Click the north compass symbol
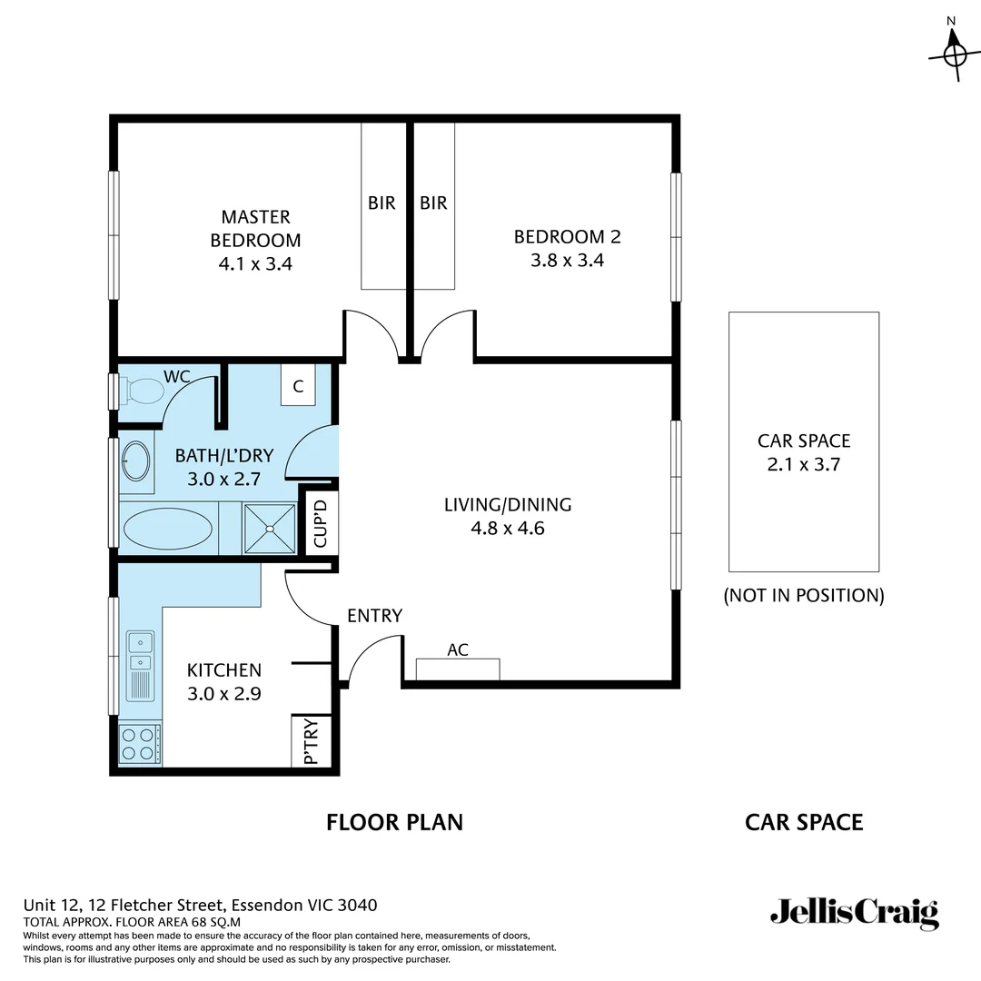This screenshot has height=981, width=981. [x=954, y=54]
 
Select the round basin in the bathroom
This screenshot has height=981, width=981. [x=135, y=461]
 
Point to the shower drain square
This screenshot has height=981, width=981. [x=270, y=528]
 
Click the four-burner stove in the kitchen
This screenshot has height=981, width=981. [x=140, y=744]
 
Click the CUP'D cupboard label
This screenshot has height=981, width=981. [x=320, y=525]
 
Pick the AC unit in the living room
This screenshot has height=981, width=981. [x=458, y=669]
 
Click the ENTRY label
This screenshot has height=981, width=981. [x=374, y=616]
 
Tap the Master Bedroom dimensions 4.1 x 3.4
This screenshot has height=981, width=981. [x=255, y=264]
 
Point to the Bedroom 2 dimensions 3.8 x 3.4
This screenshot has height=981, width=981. [x=567, y=261]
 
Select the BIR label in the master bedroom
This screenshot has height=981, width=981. [x=381, y=203]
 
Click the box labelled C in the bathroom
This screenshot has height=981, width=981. [x=297, y=385]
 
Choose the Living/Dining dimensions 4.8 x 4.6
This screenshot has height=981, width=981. [x=507, y=528]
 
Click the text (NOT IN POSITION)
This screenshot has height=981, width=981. [x=803, y=596]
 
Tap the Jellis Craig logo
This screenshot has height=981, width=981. [x=854, y=912]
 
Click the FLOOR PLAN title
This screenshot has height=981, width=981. [x=394, y=822]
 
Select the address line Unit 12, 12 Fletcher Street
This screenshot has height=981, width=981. [x=200, y=905]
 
